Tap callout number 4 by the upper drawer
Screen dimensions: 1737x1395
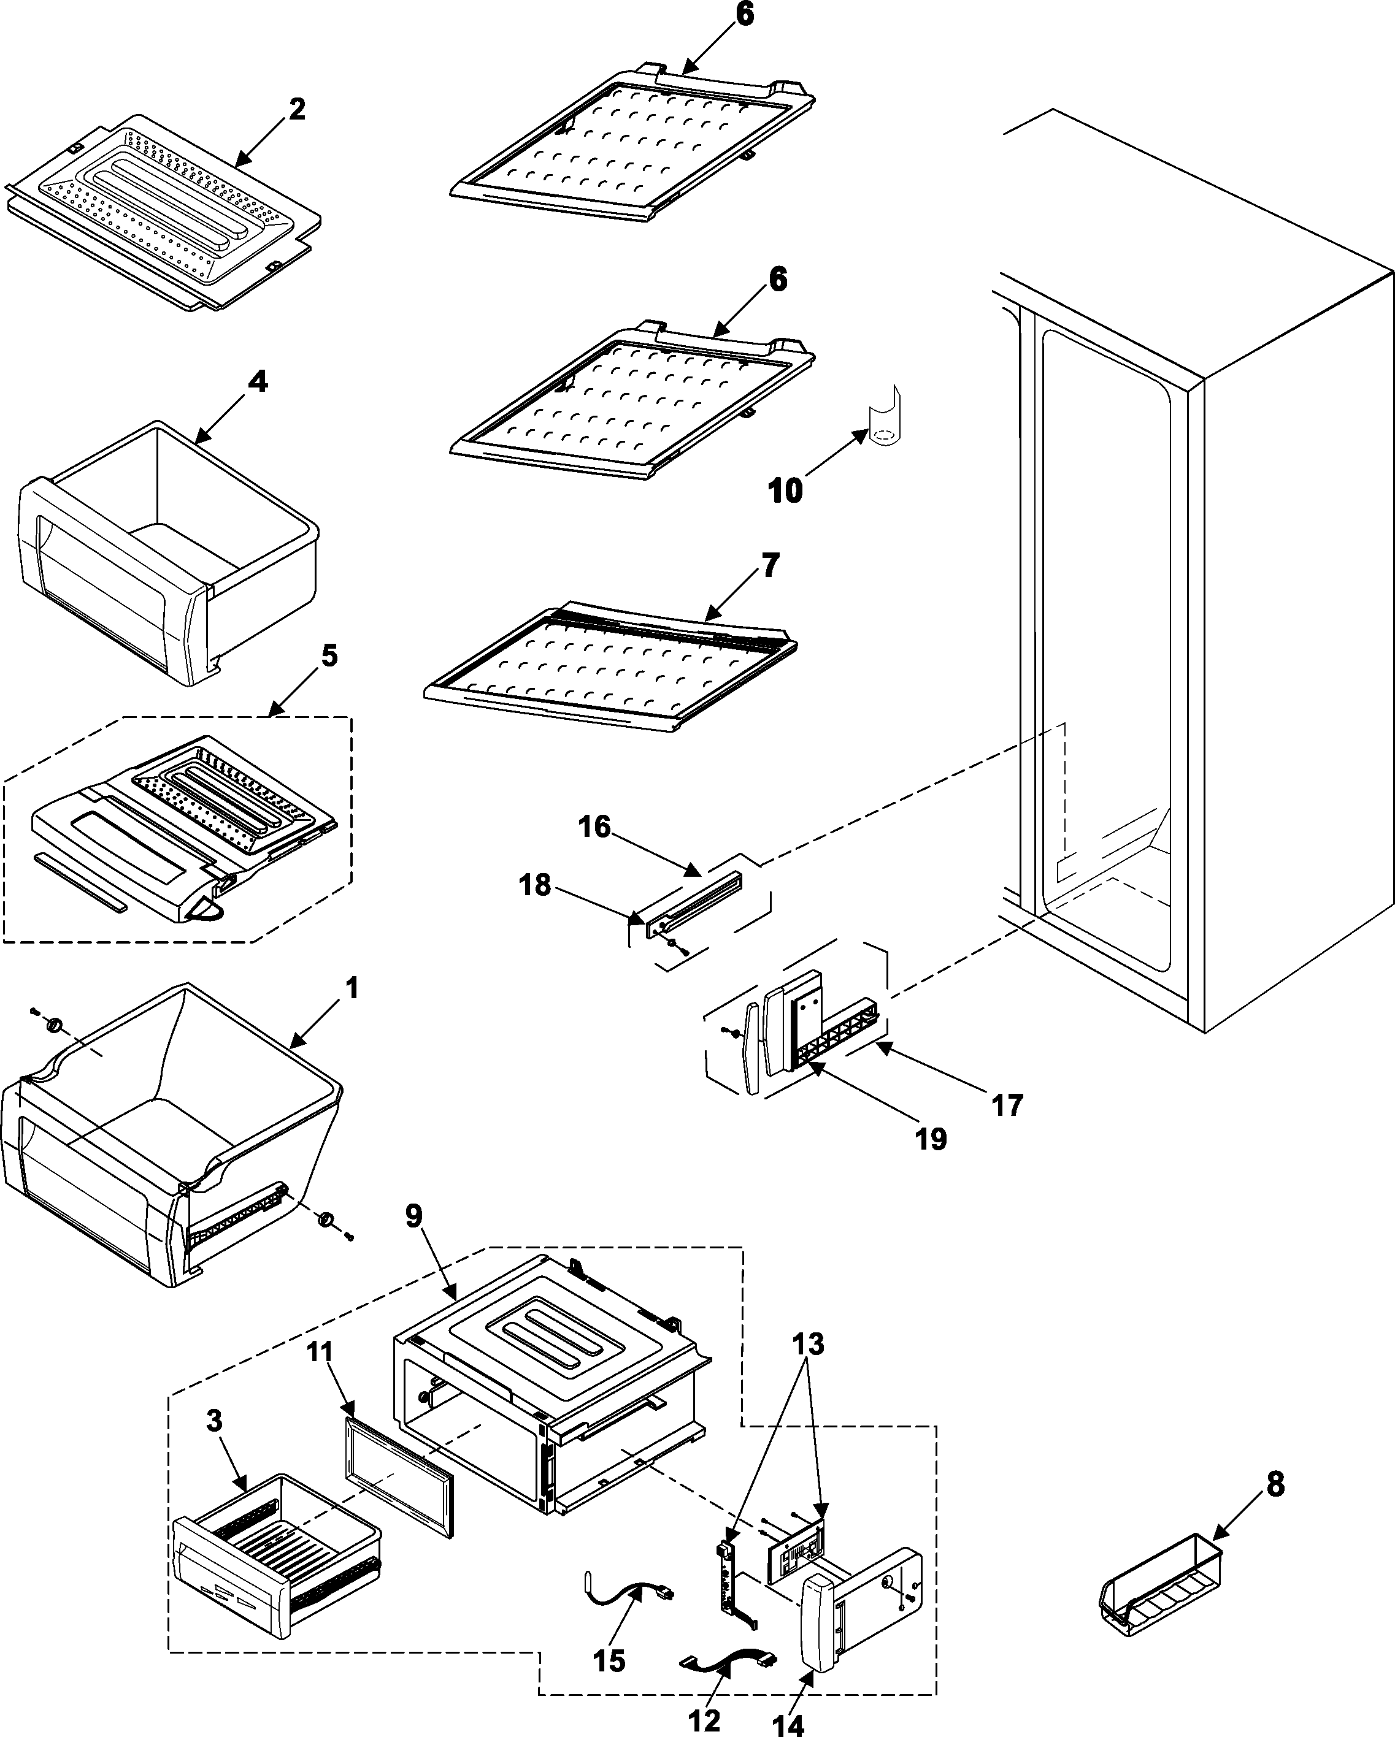coord(256,381)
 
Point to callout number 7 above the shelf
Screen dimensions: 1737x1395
coord(771,565)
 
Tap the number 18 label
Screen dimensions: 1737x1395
coord(535,885)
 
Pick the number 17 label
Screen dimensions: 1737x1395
coord(1007,1105)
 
